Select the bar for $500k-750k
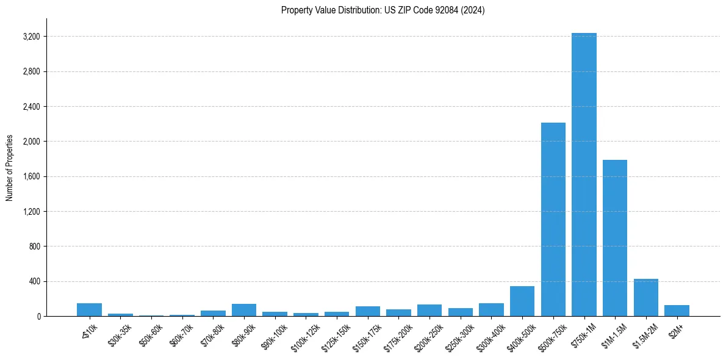coord(553,220)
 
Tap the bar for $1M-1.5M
coord(615,238)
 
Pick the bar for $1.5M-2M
coord(646,298)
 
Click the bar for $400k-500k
coord(522,301)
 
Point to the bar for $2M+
coord(677,311)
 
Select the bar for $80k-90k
coord(244,310)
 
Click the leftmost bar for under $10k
coord(89,310)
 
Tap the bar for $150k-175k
coord(368,311)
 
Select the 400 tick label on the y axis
coord(34,282)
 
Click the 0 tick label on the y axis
coord(38,317)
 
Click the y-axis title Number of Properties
coord(10,168)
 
